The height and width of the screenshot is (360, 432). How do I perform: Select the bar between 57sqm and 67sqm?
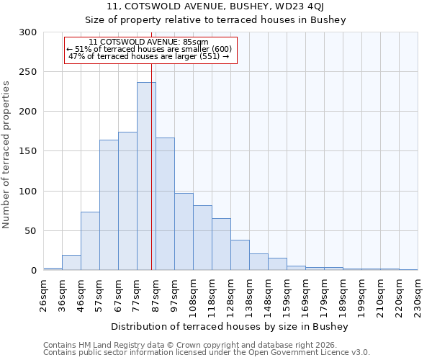pos(109,205)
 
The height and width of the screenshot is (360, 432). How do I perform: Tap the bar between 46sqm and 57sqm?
pos(90,241)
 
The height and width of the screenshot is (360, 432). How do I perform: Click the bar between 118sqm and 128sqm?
pos(221,244)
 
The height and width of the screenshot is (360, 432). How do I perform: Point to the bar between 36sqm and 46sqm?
pos(71,263)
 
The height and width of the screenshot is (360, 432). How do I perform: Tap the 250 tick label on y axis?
pos(28,72)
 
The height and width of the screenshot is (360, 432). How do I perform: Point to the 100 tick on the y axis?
pos(28,192)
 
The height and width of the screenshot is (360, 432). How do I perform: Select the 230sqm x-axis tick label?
pos(418,296)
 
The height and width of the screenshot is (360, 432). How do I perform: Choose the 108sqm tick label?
pos(193,296)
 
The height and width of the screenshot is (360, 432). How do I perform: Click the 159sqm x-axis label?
pos(287,296)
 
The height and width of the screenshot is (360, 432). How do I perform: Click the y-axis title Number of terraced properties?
pos(6,155)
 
